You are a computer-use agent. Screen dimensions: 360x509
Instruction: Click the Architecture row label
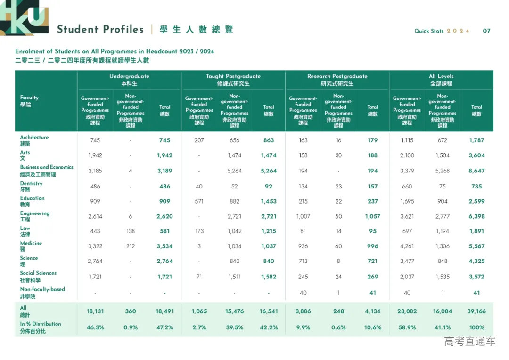coord(34,140)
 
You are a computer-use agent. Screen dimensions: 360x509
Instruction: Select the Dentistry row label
coord(31,186)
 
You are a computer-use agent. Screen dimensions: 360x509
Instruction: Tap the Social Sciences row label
coord(38,276)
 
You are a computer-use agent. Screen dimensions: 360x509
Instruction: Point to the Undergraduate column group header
coord(129,80)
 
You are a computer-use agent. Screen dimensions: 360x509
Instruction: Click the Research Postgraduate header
coord(337,80)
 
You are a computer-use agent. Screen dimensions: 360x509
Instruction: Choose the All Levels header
coord(441,80)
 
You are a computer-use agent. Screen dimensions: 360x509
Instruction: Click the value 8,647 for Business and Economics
coord(476,171)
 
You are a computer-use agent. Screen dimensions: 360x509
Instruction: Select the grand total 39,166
coord(476,311)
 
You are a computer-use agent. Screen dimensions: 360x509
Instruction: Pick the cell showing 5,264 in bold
coord(269,171)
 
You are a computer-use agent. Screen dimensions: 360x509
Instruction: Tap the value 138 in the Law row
coord(131,231)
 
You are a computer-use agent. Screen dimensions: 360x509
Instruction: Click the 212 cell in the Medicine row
coord(131,246)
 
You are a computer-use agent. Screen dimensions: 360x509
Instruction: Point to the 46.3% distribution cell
coord(95,327)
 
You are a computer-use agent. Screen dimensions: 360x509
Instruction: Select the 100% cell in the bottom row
coord(476,327)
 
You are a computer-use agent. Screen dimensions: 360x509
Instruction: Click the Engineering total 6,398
coord(476,216)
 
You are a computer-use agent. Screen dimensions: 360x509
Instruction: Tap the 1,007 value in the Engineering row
coord(303,216)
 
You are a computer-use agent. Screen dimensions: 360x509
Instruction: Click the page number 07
coord(486,31)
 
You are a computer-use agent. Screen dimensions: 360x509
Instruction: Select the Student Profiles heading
coord(100,29)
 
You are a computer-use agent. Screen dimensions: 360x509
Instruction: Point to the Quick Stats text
coord(429,31)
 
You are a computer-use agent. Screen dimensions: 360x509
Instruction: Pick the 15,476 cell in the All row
coord(234,311)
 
